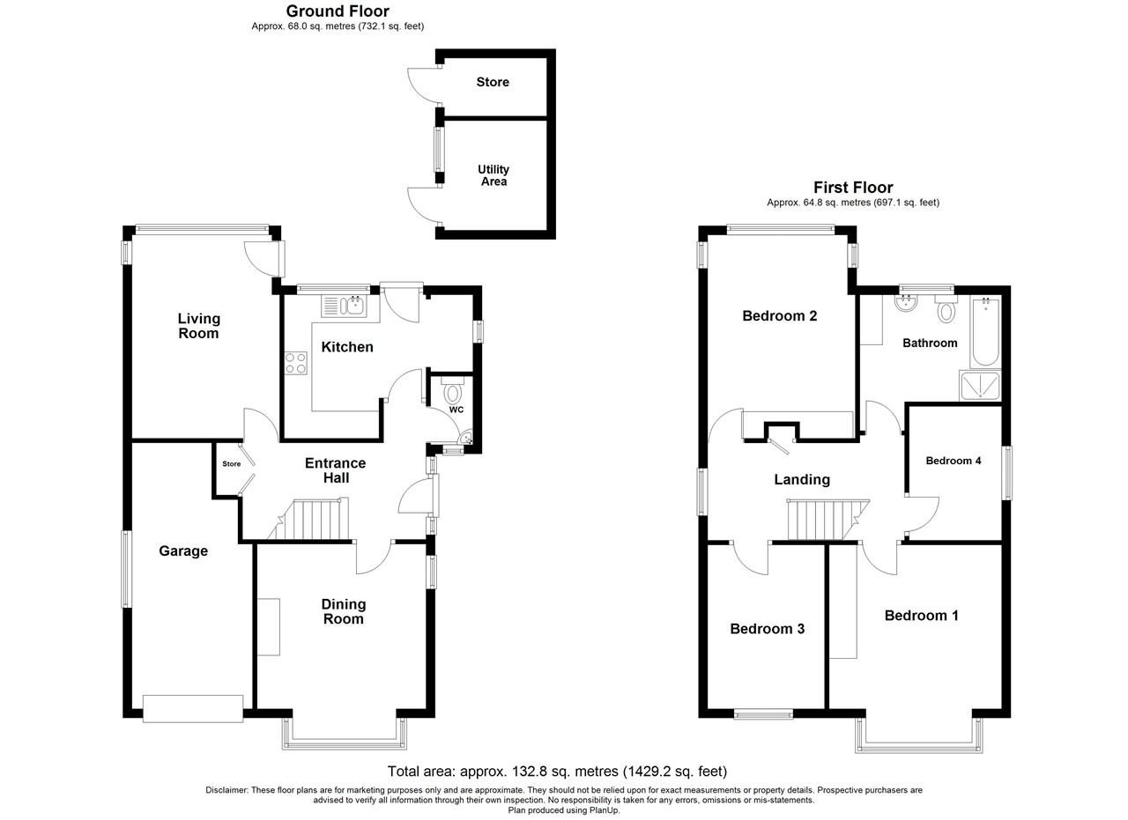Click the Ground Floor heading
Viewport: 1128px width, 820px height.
pos(338,11)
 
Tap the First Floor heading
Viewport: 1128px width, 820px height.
pos(853,188)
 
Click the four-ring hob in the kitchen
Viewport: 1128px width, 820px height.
pos(295,363)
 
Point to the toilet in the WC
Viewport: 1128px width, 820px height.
pos(453,388)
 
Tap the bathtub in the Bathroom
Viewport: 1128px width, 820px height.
pos(985,331)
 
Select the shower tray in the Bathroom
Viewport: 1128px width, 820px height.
pos(980,386)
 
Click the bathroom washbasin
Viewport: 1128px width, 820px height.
pos(907,303)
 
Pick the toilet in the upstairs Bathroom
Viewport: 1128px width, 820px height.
pos(946,309)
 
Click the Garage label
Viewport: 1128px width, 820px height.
pos(183,551)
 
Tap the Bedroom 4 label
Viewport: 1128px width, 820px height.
pos(954,461)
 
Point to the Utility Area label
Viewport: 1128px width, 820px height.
pos(493,175)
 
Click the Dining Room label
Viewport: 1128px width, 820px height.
pos(344,611)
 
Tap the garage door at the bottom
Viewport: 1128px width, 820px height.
pos(193,709)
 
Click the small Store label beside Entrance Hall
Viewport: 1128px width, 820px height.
pos(232,463)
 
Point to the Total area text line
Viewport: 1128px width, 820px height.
pos(557,772)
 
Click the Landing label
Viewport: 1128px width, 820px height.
pos(802,480)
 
